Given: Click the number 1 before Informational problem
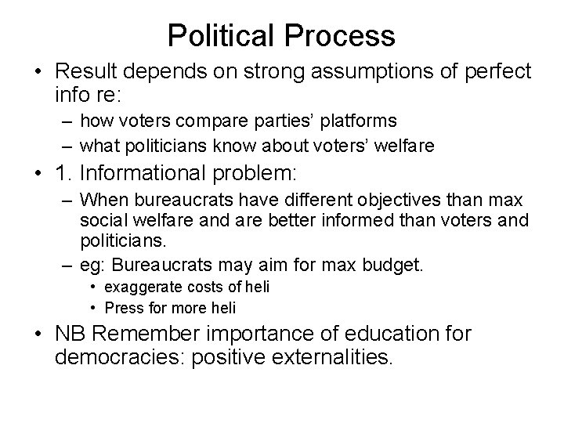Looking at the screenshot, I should [60, 173].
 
